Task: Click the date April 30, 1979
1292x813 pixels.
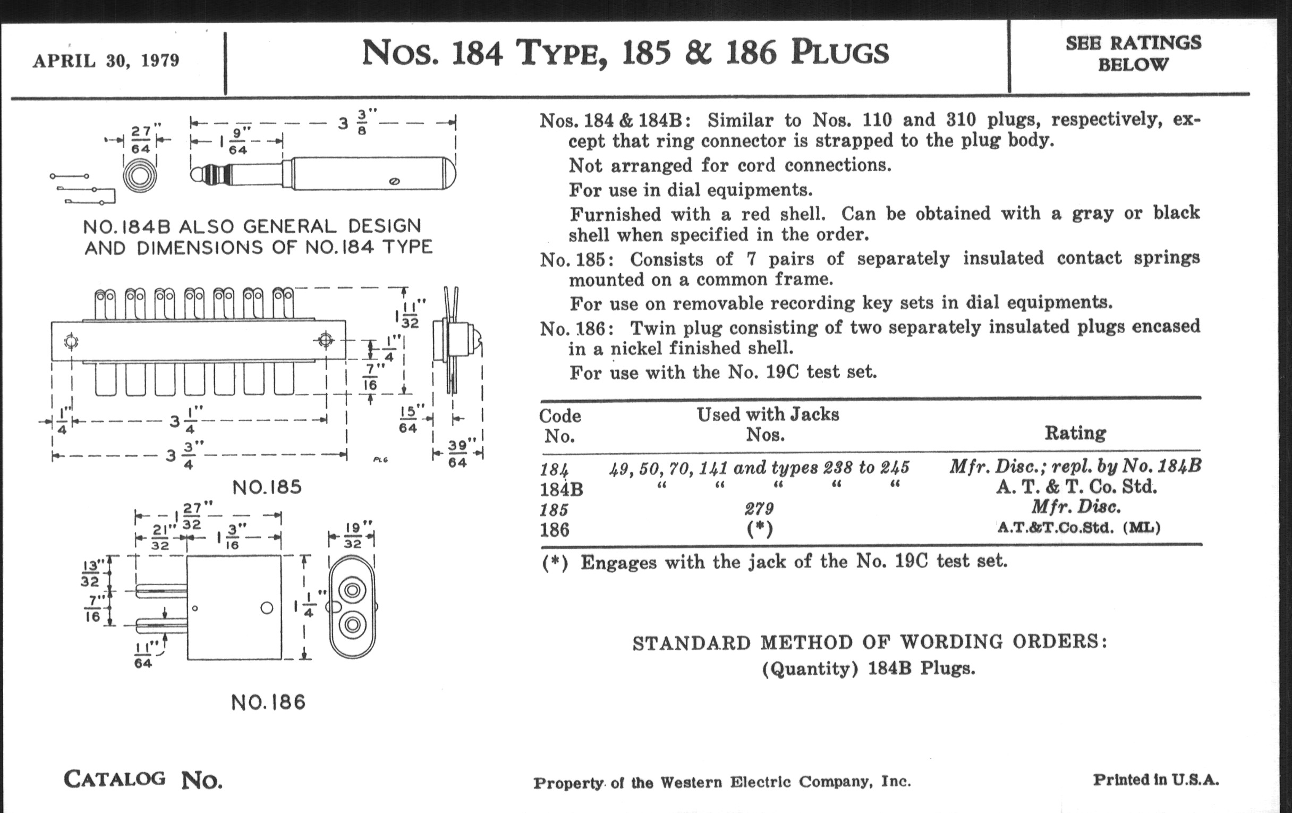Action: tap(106, 61)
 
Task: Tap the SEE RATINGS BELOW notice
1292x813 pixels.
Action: tap(1133, 54)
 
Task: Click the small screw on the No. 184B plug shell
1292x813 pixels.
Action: tap(394, 181)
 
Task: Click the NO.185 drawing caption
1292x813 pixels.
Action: tap(267, 487)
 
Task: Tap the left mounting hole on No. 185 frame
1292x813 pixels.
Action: tap(71, 341)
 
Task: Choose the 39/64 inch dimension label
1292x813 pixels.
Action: tap(458, 454)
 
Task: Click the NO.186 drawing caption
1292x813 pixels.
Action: tap(268, 702)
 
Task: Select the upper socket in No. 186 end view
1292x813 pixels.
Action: tap(352, 590)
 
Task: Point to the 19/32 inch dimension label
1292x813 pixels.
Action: tap(352, 536)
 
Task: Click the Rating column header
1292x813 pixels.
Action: tap(1075, 433)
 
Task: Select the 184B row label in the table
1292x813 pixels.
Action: tap(560, 489)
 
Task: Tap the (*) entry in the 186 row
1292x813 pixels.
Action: tap(760, 530)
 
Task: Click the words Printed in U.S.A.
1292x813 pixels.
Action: tap(1155, 780)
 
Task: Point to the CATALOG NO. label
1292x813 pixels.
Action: tap(143, 780)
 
